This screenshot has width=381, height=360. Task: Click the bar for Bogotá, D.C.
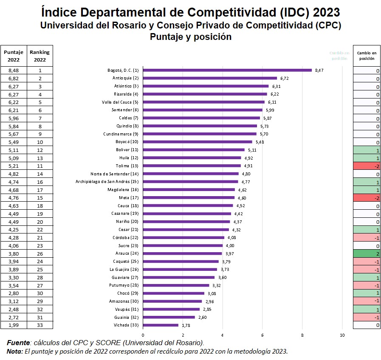(x=227, y=70)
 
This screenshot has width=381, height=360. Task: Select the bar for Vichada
(x=161, y=325)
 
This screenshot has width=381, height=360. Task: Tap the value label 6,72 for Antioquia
(x=285, y=78)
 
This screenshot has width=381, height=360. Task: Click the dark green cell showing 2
(x=366, y=253)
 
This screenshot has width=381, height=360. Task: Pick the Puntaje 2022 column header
(x=14, y=56)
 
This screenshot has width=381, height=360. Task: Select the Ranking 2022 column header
(x=40, y=56)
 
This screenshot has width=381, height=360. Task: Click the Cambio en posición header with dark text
(x=366, y=56)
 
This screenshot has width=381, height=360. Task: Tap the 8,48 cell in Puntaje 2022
(x=14, y=70)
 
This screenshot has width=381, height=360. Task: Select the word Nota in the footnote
(x=15, y=351)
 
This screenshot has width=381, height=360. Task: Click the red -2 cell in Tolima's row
(x=366, y=166)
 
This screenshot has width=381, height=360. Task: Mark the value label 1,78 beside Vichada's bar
(x=186, y=326)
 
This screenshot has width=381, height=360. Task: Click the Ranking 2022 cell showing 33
(x=40, y=325)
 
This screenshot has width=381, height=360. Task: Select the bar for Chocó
(x=173, y=293)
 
